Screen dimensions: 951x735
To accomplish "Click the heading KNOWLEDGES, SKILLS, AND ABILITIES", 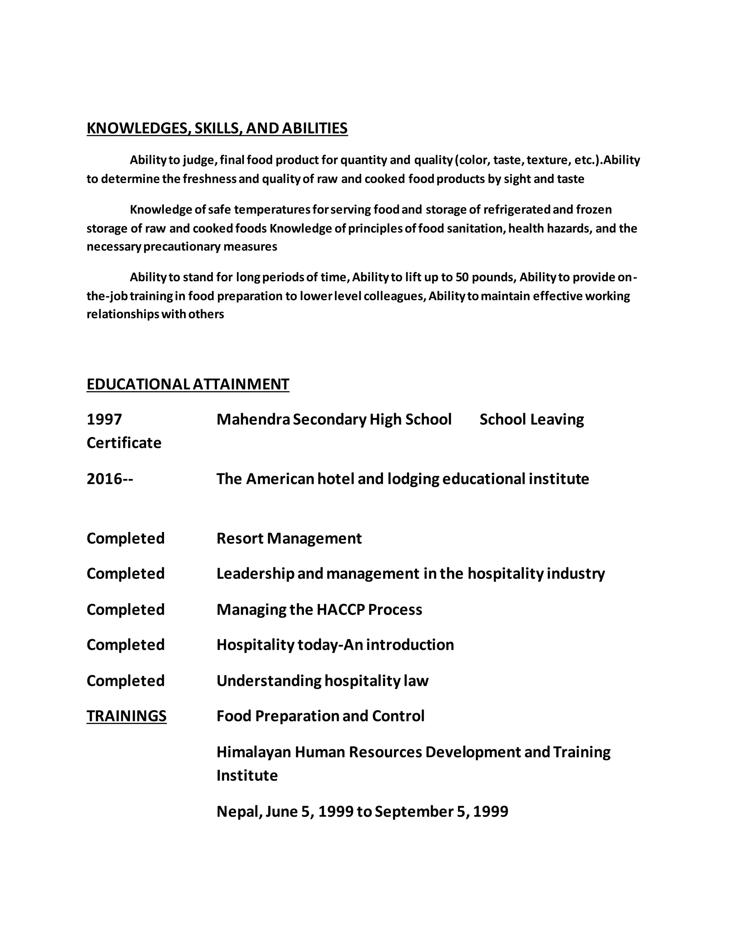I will pyautogui.click(x=217, y=128).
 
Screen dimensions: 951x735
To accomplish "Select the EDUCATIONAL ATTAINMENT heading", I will pyautogui.click(x=188, y=384).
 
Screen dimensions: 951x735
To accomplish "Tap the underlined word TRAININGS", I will pyautogui.click(x=126, y=716).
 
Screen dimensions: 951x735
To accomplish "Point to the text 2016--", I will pyautogui.click(x=110, y=479).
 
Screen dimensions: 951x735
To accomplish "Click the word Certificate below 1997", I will pyautogui.click(x=124, y=443).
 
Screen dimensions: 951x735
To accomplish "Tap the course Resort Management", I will pyautogui.click(x=289, y=539).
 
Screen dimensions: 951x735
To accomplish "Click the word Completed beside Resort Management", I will pyautogui.click(x=125, y=539).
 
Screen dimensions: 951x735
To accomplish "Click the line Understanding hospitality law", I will pyautogui.click(x=322, y=680).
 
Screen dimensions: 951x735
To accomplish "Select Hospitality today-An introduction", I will pyautogui.click(x=335, y=645).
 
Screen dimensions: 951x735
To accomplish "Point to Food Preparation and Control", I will pyautogui.click(x=320, y=716).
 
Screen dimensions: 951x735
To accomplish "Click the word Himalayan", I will pyautogui.click(x=253, y=752).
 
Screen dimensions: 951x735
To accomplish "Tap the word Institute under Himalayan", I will pyautogui.click(x=247, y=776).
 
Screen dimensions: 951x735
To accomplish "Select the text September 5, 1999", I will pyautogui.click(x=441, y=812).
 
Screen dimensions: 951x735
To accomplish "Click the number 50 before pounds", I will pyautogui.click(x=462, y=277).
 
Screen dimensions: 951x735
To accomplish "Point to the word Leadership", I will pyautogui.click(x=255, y=574).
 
